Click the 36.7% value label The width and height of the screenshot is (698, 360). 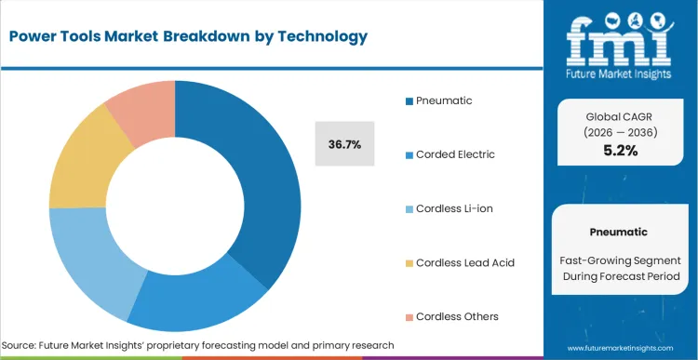(344, 144)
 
